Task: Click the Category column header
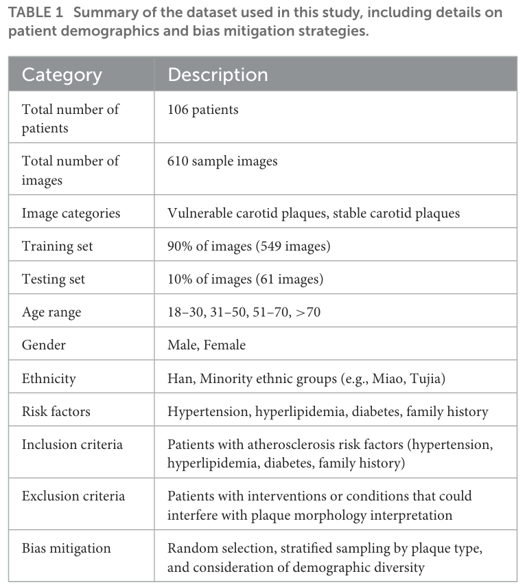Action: [62, 74]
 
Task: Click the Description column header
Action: [218, 74]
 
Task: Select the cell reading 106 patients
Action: [202, 110]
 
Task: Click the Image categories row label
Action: [71, 213]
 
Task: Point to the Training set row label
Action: [57, 246]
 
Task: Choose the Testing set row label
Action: [55, 279]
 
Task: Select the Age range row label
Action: [51, 312]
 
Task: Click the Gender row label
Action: [44, 345]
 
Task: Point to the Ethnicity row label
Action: [49, 378]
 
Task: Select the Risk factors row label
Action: [56, 412]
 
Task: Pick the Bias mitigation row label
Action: [66, 548]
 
